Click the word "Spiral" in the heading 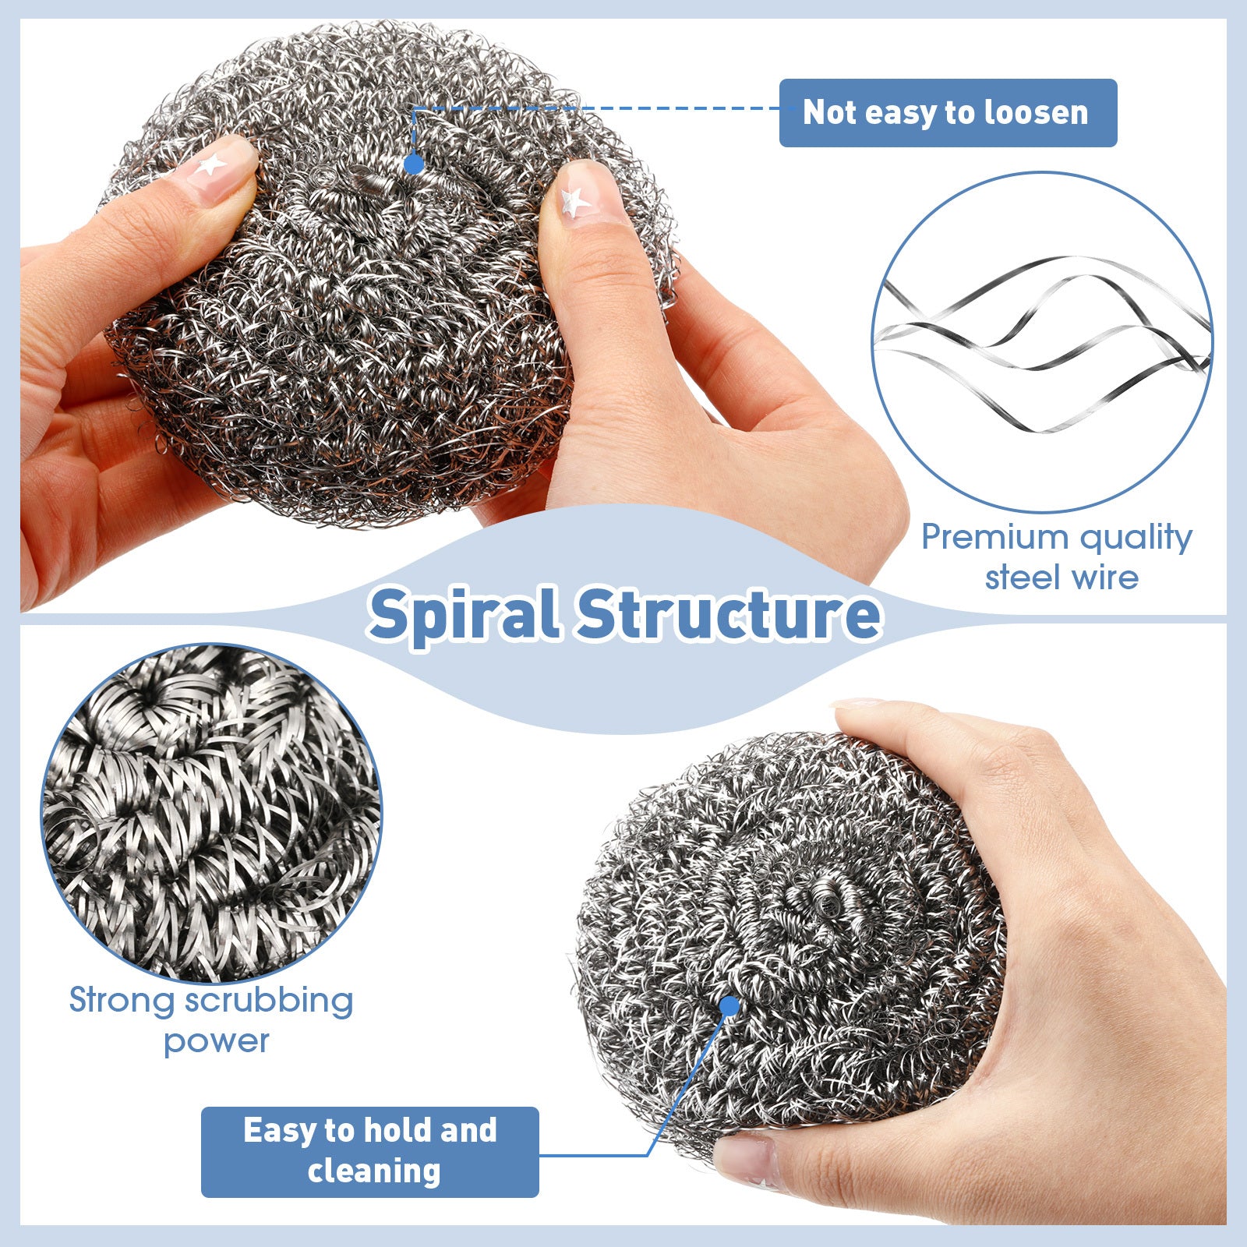click(x=465, y=614)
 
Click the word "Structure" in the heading click(x=729, y=614)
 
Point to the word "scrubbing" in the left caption click(x=270, y=1001)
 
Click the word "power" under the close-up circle click(x=216, y=1041)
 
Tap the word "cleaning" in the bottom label click(x=374, y=1171)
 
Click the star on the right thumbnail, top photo click(x=575, y=201)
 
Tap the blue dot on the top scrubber click(x=414, y=164)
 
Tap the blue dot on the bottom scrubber click(x=729, y=1006)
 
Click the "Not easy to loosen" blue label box click(x=948, y=113)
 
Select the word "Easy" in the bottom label click(x=277, y=1130)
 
